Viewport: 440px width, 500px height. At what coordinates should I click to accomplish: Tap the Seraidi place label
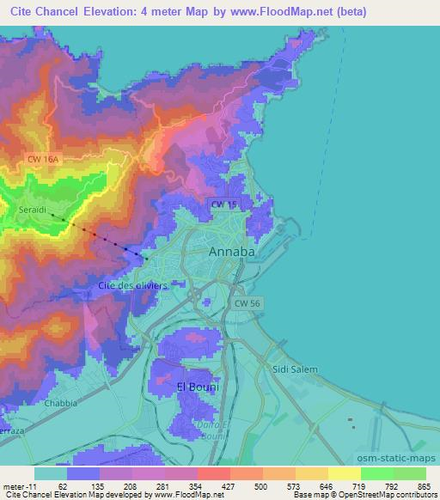(34, 210)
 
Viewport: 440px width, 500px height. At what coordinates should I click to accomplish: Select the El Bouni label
(197, 387)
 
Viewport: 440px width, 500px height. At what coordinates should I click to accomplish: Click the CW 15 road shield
(223, 204)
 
